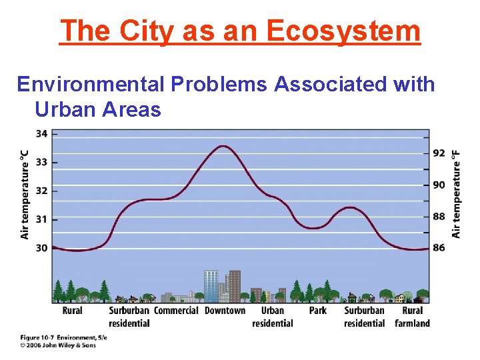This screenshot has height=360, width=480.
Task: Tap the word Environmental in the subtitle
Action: click(92, 85)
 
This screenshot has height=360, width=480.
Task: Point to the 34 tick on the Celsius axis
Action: click(41, 133)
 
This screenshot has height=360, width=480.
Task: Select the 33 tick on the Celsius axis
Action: click(41, 162)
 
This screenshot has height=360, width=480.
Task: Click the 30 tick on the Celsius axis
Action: click(41, 248)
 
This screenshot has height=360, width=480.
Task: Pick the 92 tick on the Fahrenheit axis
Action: click(439, 153)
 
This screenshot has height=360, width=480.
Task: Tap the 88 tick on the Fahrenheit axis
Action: click(439, 217)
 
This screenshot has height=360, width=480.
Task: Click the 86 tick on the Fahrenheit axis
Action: click(439, 248)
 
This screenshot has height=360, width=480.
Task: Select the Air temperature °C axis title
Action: click(25, 193)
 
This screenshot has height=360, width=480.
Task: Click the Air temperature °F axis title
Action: click(457, 193)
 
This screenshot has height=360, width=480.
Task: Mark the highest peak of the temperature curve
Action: click(223, 146)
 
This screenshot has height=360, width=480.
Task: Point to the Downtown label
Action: click(225, 311)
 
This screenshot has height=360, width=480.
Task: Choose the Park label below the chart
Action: click(318, 311)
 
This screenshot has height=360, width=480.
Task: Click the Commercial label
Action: click(176, 311)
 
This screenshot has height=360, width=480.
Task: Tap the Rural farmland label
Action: click(412, 317)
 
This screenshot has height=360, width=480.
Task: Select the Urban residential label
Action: click(272, 317)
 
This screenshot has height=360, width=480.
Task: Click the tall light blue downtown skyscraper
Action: click(211, 285)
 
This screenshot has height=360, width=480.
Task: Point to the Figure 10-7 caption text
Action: click(63, 338)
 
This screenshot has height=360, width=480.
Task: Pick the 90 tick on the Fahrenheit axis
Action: click(439, 185)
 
